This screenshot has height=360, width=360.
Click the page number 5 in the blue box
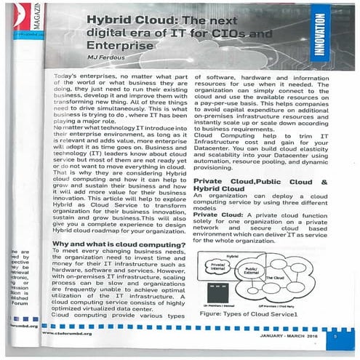click(x=332, y=337)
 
